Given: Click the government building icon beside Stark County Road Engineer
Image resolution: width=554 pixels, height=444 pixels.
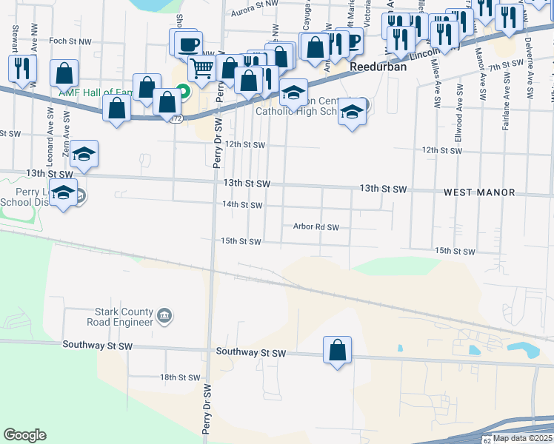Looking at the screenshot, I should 165,317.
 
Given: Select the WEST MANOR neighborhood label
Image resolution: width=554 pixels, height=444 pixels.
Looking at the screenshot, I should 479,192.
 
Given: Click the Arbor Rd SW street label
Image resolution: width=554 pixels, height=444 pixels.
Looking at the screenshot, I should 316,227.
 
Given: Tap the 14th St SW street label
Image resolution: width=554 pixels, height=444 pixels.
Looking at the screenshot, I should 242,204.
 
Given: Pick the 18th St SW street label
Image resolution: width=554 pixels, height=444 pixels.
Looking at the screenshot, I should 181,377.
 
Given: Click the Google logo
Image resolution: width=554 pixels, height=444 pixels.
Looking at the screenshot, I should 24,434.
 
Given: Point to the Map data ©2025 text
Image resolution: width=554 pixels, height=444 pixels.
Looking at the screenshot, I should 523,438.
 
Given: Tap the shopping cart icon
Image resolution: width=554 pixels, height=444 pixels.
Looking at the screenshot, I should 201,69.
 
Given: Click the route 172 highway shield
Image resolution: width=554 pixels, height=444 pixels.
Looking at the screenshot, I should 176,118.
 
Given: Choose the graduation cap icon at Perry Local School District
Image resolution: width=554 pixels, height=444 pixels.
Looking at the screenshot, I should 64,192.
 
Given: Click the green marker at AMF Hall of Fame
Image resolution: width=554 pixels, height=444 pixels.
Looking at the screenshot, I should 184,92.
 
